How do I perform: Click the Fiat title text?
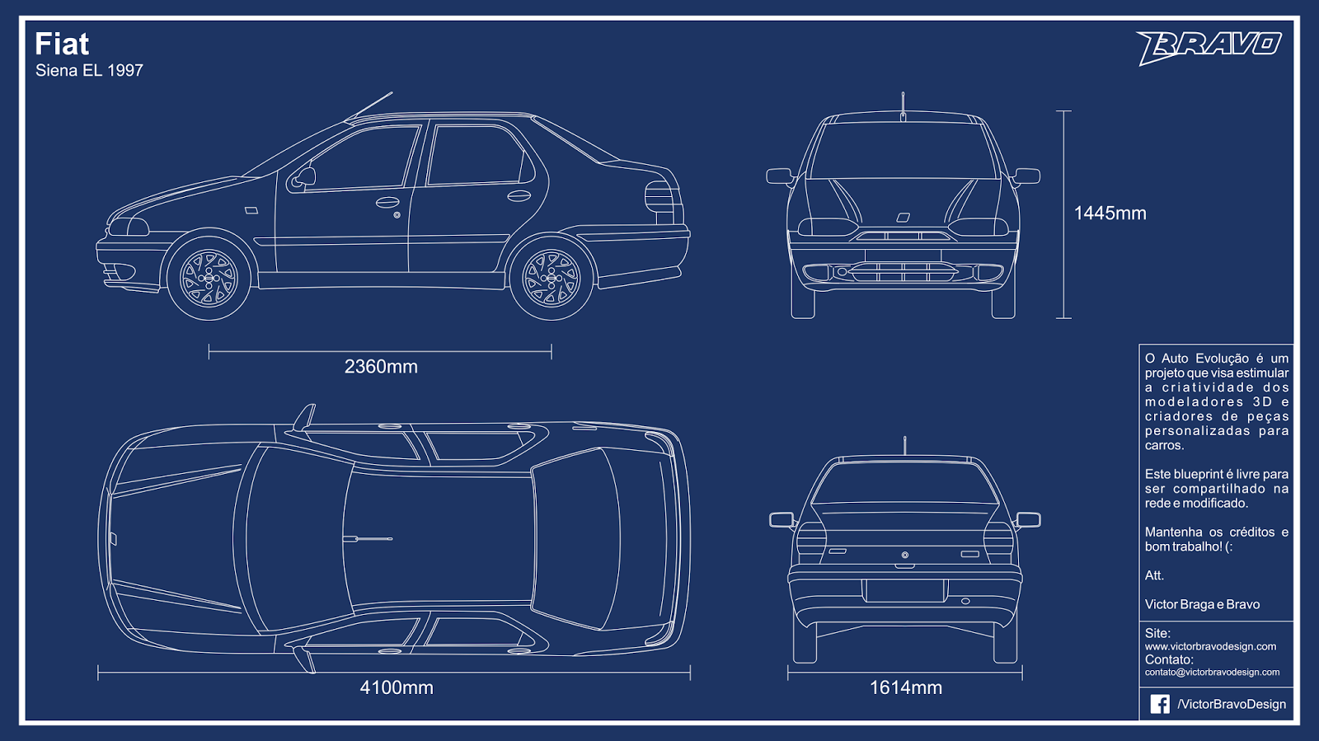click(x=62, y=45)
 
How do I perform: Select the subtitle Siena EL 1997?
click(x=89, y=71)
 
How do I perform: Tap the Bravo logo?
click(x=1209, y=46)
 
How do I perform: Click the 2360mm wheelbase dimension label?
click(x=381, y=367)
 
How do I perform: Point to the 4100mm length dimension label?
click(x=397, y=687)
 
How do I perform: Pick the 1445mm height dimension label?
click(x=1110, y=213)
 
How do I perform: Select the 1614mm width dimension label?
click(x=905, y=687)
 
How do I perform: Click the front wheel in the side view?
click(x=209, y=278)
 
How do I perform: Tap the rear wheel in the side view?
click(x=552, y=278)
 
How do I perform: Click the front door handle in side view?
click(x=387, y=202)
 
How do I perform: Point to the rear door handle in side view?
click(x=519, y=195)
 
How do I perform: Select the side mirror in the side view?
click(x=304, y=176)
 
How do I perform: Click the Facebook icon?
click(x=1160, y=704)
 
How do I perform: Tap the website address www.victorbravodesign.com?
click(x=1210, y=647)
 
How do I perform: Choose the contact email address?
click(x=1212, y=673)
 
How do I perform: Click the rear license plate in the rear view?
click(x=905, y=590)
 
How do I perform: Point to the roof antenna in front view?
click(x=903, y=106)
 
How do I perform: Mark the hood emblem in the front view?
click(x=904, y=218)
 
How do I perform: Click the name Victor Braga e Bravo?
click(x=1202, y=605)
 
